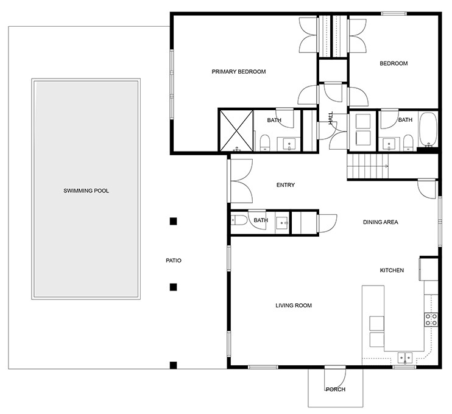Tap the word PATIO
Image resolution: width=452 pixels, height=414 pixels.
pyautogui.click(x=174, y=261)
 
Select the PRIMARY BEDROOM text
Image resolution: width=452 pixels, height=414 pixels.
pyautogui.click(x=239, y=72)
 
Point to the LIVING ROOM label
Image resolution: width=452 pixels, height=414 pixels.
pyautogui.click(x=294, y=306)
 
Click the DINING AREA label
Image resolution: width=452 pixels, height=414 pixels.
pyautogui.click(x=380, y=222)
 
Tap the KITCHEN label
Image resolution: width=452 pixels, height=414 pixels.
pyautogui.click(x=392, y=270)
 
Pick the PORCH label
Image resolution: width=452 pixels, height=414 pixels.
pyautogui.click(x=336, y=390)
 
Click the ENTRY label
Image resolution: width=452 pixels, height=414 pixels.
pyautogui.click(x=286, y=185)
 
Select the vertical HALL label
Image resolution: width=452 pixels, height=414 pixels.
pyautogui.click(x=331, y=118)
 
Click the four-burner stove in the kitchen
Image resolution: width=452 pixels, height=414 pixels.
pyautogui.click(x=431, y=320)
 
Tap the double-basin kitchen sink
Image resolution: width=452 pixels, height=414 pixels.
pyautogui.click(x=405, y=357)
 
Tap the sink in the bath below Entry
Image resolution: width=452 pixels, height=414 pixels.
pyautogui.click(x=282, y=222)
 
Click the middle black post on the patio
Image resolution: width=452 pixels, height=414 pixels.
pyautogui.click(x=174, y=286)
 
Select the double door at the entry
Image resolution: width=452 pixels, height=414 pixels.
pyautogui.click(x=242, y=181)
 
